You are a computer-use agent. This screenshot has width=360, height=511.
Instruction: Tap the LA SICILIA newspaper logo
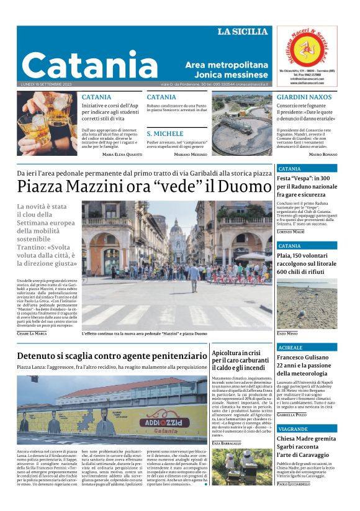242,32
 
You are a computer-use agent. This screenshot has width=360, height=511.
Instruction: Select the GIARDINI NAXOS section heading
304,97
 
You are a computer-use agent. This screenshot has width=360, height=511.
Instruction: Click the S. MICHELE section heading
164,133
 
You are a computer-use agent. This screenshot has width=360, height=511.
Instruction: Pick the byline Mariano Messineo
191,153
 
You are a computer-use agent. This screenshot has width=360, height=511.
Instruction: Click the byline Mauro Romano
323,153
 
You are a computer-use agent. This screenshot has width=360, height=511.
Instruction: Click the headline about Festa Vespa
307,186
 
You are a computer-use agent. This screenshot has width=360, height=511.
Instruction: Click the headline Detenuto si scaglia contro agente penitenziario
112,356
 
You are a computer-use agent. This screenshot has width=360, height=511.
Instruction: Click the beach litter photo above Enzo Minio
307,305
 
